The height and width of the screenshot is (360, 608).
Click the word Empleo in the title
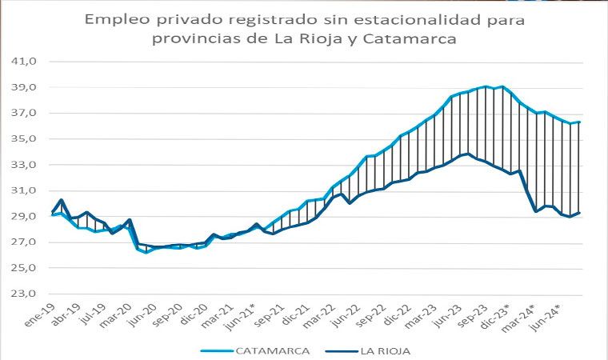(x=116, y=18)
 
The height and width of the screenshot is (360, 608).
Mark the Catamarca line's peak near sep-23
(x=485, y=86)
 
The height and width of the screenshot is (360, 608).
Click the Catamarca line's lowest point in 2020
(x=146, y=253)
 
